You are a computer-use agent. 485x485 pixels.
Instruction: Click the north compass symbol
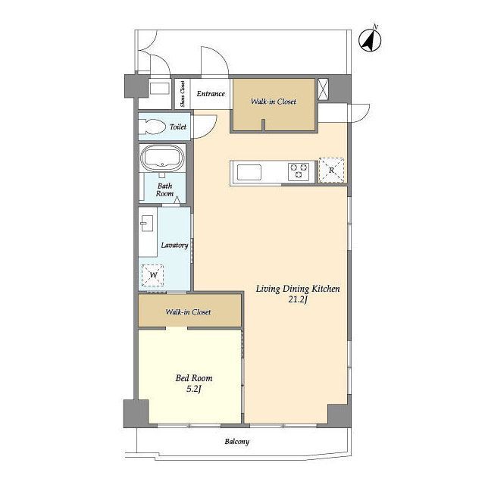point(370,40)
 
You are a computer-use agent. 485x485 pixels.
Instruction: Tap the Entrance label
point(211,94)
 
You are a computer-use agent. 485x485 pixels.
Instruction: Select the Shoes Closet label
point(183,94)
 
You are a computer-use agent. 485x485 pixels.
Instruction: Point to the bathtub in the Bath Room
point(162,158)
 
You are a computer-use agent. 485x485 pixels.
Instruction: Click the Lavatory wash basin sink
point(146,223)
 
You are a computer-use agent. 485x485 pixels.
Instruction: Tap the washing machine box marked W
point(153,275)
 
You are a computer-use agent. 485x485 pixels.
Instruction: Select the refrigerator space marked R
point(331,170)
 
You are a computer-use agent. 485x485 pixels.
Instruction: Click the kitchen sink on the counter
point(249,172)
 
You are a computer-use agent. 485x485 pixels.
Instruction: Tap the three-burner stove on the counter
point(299,171)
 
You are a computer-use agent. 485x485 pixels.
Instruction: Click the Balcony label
point(237,441)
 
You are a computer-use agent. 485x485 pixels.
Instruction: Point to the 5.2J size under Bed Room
point(194,389)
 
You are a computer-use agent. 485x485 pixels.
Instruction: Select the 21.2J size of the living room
point(298,300)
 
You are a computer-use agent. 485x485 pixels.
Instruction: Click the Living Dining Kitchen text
point(298,289)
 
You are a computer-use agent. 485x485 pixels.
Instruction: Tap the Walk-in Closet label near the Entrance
point(274,102)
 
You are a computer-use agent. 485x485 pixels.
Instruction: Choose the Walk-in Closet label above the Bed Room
point(188,311)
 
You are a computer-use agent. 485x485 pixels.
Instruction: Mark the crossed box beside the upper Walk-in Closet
point(323,89)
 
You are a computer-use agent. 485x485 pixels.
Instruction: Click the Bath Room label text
point(164,190)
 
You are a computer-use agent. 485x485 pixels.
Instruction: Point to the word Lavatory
point(174,246)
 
